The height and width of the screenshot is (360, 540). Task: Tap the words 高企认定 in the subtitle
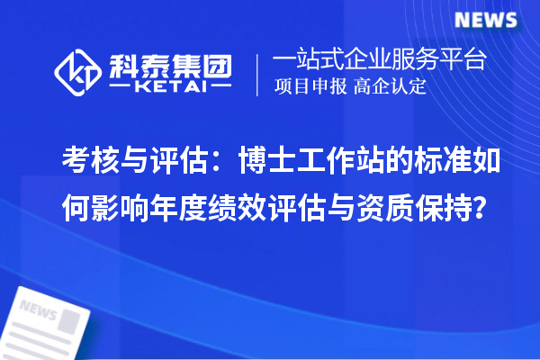(390, 88)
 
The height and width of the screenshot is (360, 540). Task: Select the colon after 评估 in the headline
(216, 162)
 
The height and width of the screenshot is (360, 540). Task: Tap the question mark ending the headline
(482, 203)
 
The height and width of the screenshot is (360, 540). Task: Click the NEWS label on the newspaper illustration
(38, 312)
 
